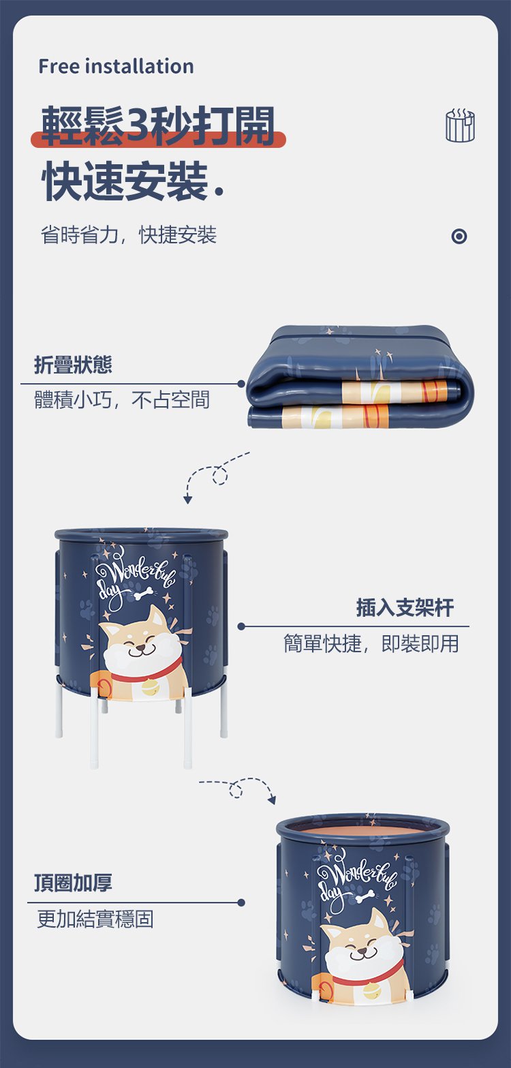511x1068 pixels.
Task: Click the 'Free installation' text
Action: (x=117, y=66)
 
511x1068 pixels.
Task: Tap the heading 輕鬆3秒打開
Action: (x=158, y=125)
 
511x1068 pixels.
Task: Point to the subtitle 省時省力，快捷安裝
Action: (x=129, y=234)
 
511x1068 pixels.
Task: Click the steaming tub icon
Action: (x=461, y=125)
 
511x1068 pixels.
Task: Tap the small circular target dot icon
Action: (x=459, y=236)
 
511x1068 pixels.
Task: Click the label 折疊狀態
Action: (x=73, y=365)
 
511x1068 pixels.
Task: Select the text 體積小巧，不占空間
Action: (x=122, y=399)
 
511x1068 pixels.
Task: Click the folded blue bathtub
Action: (x=360, y=377)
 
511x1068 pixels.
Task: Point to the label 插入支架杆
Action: (x=405, y=607)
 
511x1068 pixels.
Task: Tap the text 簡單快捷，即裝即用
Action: (x=371, y=643)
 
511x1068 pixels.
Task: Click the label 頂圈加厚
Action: (x=73, y=883)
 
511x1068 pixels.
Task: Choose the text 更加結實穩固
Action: (x=95, y=919)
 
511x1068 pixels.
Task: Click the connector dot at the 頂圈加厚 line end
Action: (x=241, y=902)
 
